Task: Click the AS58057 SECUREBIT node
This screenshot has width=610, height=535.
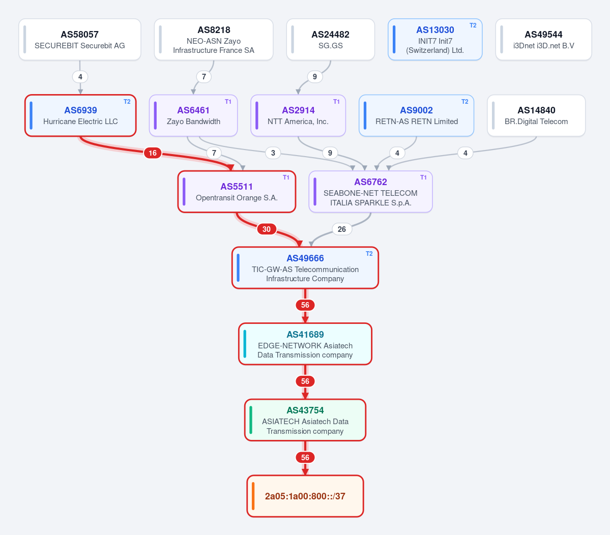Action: [x=80, y=40]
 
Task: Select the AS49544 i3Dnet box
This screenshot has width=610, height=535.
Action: [x=543, y=40]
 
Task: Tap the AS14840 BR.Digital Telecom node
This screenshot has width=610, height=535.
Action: [x=536, y=115]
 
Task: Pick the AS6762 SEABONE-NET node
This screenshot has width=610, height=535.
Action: [x=370, y=192]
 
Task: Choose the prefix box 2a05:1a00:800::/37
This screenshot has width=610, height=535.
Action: [x=305, y=496]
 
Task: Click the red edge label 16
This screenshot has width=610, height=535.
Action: [x=153, y=153]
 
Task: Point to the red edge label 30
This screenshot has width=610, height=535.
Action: [x=267, y=229]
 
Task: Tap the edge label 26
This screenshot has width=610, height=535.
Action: [x=341, y=229]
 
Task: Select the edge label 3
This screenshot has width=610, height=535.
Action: [x=273, y=153]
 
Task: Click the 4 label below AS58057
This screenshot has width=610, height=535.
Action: [x=80, y=77]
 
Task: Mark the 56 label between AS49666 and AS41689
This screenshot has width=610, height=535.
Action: [x=305, y=305]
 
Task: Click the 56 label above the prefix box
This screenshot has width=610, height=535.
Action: [x=305, y=458]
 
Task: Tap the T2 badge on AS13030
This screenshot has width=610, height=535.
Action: [x=473, y=25]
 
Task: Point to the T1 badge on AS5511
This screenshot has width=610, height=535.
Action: [x=286, y=177]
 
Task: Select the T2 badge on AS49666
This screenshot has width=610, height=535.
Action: [x=369, y=254]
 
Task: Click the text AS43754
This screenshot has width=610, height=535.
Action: [x=305, y=410]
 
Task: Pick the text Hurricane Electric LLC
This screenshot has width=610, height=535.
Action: [x=80, y=122]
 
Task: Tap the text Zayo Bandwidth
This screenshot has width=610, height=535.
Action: [x=193, y=122]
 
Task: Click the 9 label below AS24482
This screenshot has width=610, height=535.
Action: [x=315, y=77]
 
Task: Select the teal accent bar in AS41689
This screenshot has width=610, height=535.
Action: [x=245, y=344]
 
